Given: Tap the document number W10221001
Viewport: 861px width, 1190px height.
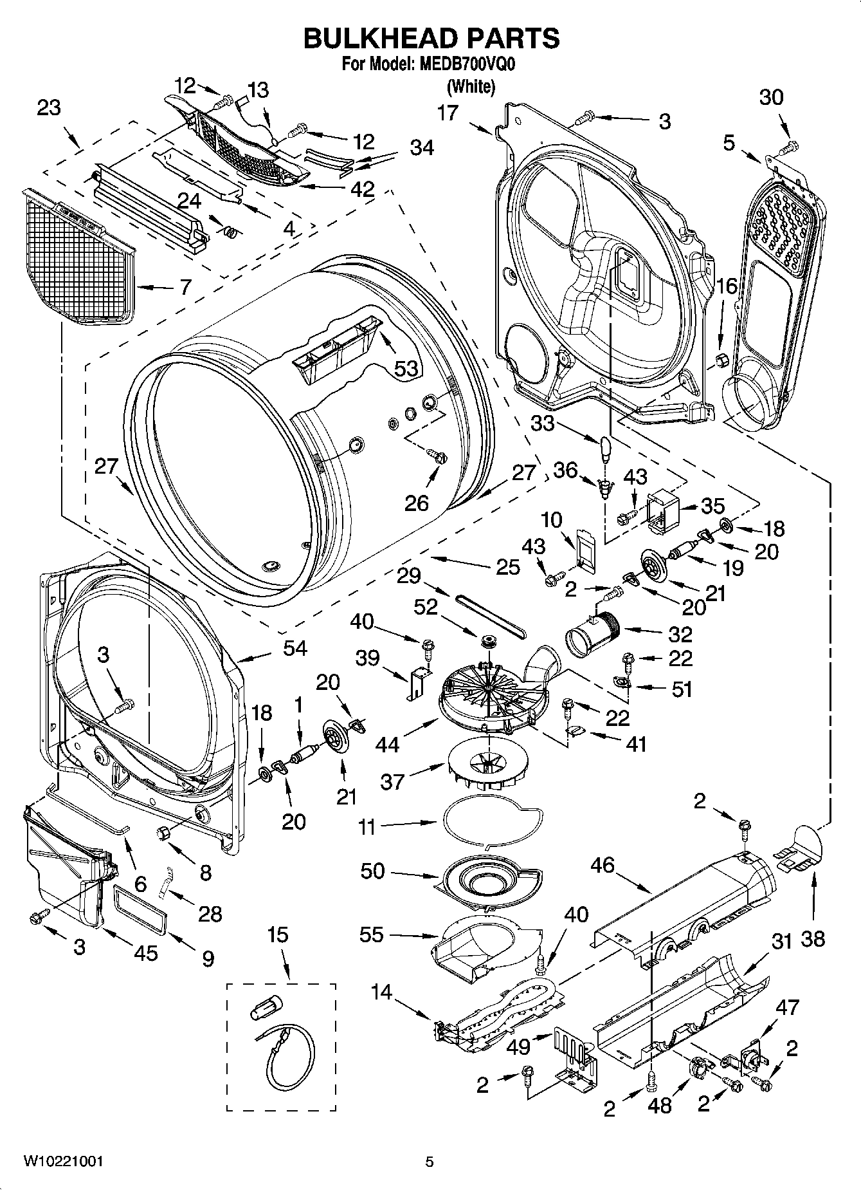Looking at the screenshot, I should pos(63,1161).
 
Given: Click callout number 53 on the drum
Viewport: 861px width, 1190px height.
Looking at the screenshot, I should pos(406,369).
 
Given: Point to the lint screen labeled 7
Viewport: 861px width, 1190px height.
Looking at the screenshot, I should pos(77,264).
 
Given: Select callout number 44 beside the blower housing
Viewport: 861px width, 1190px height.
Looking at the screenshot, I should pos(388,744).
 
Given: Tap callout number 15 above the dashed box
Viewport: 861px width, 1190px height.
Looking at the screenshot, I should pos(278,934).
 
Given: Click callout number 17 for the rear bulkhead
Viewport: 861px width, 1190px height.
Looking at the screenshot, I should pos(448,113).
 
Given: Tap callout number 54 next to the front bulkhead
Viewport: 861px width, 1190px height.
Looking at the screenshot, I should pos(295,648).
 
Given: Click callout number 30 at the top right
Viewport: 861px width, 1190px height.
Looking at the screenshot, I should pos(772,97).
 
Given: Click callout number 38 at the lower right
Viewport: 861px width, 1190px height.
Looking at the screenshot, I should pos(813,938).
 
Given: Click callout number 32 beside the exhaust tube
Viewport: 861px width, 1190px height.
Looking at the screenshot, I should pos(680,633).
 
